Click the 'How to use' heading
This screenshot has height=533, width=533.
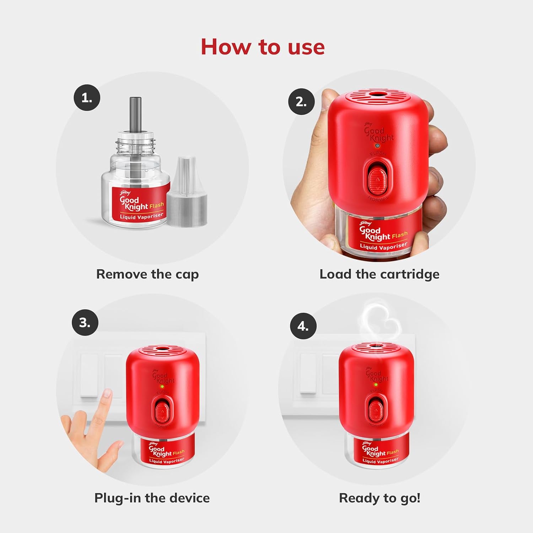point(263,47)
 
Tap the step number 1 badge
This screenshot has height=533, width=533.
point(87,98)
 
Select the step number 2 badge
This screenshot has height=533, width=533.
point(301,102)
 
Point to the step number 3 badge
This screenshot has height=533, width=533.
point(85,323)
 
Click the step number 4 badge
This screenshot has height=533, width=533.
point(303,326)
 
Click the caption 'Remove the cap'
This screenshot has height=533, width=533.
point(147,274)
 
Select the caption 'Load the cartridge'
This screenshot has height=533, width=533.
point(379,274)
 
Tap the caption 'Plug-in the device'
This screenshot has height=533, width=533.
point(152,498)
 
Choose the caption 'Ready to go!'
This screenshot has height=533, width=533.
point(379,498)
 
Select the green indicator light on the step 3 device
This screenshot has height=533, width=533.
point(162,386)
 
